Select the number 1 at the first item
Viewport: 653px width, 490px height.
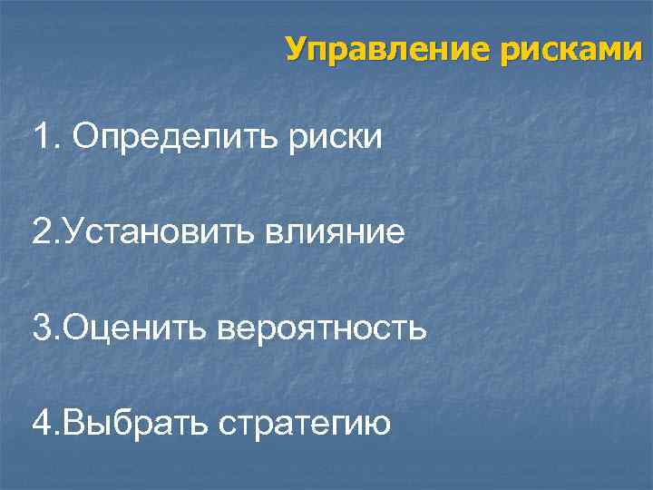pos(41,138)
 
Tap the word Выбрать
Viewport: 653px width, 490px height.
pos(133,423)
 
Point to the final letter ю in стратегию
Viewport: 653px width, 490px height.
pos(378,426)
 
